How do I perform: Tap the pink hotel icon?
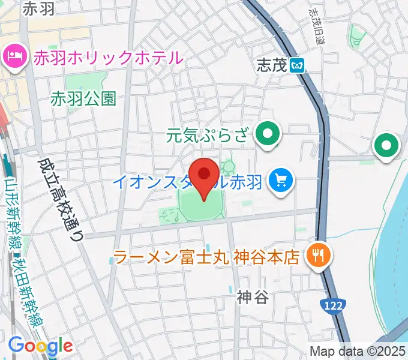tap(14, 58)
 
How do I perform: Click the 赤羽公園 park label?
tap(83, 98)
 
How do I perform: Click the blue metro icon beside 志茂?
tap(296, 65)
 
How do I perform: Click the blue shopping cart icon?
tap(280, 179)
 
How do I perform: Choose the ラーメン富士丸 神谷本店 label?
tap(206, 257)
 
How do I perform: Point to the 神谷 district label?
tap(252, 296)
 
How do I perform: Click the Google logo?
tap(40, 346)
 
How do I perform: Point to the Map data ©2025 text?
tap(358, 351)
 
